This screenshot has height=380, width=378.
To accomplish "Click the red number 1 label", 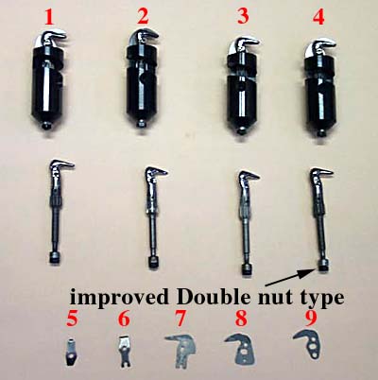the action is click(48, 17).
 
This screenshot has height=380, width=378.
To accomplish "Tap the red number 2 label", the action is click(143, 17).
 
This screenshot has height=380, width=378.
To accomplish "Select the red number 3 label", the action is click(243, 17).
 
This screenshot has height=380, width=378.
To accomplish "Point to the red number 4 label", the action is click(318, 17).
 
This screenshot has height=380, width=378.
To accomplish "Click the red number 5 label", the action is click(72, 320).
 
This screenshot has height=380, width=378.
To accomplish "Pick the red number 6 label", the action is click(124, 320).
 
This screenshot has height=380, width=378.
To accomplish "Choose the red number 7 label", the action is click(180, 320).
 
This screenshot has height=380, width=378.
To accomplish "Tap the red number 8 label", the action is click(241, 320).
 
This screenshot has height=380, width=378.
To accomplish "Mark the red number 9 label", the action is click(311, 320).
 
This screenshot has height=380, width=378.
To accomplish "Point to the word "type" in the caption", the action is click(321, 299).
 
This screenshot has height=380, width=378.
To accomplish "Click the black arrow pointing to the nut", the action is click(291, 278).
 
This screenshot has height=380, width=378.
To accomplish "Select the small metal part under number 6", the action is click(125, 351).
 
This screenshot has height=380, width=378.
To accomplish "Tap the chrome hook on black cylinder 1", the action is click(50, 38).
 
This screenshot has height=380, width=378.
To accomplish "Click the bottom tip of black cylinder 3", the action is click(241, 132).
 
